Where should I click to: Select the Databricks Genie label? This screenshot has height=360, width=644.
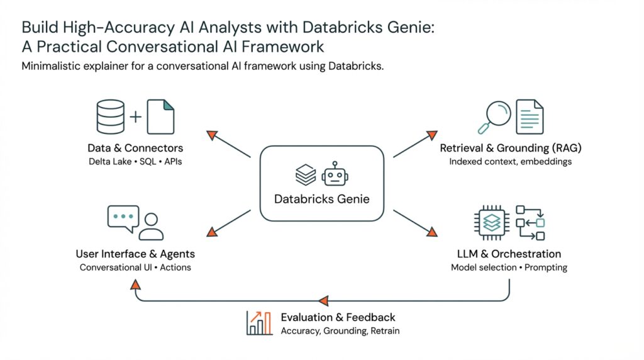[321, 200]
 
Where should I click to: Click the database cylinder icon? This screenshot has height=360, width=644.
[111, 117]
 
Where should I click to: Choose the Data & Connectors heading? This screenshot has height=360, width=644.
[135, 149]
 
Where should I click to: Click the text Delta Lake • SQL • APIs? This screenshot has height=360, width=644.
[135, 162]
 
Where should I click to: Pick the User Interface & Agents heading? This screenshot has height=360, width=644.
[135, 254]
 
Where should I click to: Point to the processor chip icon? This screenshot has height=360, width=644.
[491, 222]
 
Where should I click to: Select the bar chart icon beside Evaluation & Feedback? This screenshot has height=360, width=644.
[258, 323]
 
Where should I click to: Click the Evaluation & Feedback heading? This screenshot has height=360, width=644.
[338, 317]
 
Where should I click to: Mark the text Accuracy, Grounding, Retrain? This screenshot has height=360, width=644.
[340, 331]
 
